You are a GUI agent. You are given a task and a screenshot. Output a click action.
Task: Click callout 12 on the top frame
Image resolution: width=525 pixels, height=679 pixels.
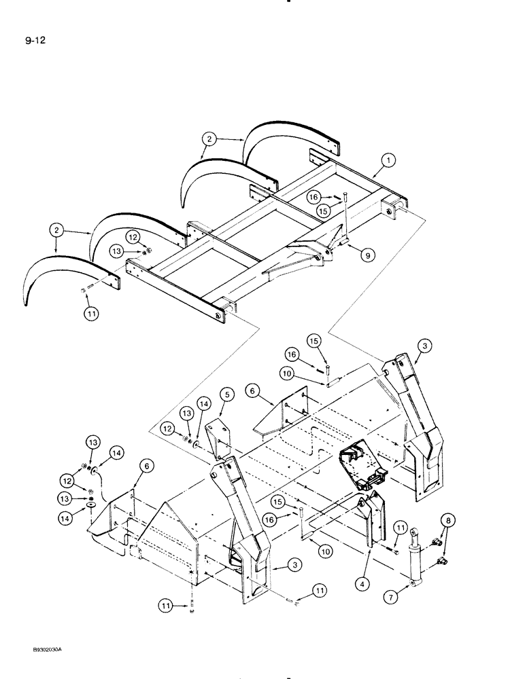[133, 237]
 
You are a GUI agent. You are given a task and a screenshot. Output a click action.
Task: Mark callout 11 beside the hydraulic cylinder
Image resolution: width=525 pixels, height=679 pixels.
[400, 528]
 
